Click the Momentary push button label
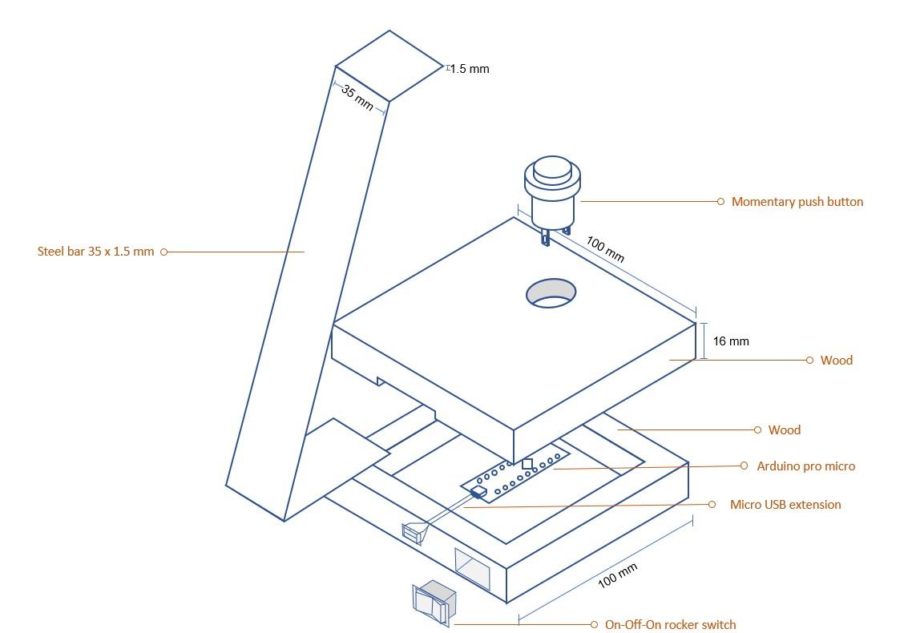pos(797,202)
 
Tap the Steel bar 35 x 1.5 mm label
pos(95,252)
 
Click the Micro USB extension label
pos(785,505)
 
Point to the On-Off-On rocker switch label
pos(670,625)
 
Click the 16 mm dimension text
pos(730,341)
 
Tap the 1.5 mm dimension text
pos(469,69)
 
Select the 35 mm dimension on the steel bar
pos(357,97)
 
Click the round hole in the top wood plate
pos(551,293)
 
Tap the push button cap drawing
pos(551,171)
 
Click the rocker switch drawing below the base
pos(434,603)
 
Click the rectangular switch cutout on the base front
pos(472,568)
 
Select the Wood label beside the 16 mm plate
pos(836,361)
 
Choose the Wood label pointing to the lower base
pos(784,430)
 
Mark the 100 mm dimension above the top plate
pos(605,248)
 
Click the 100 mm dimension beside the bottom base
pos(618,575)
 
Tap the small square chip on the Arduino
pos(527,464)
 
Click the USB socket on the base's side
pos(414,532)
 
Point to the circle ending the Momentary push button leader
pos(720,202)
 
